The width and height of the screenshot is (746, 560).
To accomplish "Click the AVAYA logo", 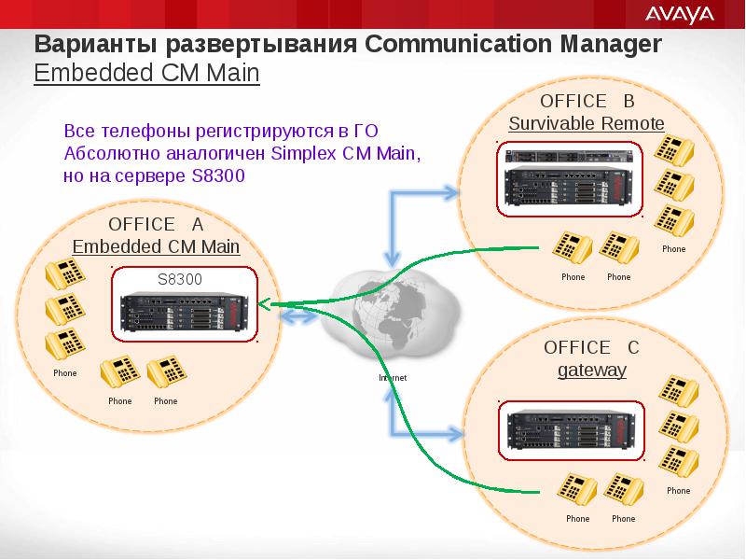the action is click(680, 15).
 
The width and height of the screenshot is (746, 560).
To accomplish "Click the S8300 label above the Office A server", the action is click(180, 279).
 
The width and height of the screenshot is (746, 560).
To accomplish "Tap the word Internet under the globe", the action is click(393, 378).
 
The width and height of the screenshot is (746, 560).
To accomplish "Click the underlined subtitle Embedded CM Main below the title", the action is click(146, 74).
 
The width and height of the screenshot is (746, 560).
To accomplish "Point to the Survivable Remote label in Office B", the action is click(587, 123).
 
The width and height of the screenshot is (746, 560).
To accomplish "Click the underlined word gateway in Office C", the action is click(592, 370).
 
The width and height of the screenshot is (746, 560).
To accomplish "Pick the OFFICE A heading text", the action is click(156, 224).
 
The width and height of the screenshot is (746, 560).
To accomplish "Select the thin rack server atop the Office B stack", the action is click(569, 156).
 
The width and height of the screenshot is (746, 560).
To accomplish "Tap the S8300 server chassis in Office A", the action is click(184, 312).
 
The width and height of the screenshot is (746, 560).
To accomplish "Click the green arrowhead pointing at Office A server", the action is click(263, 304).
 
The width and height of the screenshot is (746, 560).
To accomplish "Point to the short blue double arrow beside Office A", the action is click(297, 316).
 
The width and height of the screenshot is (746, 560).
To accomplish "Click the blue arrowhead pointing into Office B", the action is click(449, 193).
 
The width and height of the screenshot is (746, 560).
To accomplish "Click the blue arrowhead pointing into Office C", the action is click(453, 434).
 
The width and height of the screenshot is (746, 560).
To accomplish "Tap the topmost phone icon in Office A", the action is click(65, 273).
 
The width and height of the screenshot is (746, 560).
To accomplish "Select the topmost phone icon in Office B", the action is click(673, 150).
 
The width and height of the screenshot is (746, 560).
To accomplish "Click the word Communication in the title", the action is click(458, 44).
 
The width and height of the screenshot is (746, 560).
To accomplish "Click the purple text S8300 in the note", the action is click(218, 175).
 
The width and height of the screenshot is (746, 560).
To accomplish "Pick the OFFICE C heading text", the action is click(591, 347).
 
